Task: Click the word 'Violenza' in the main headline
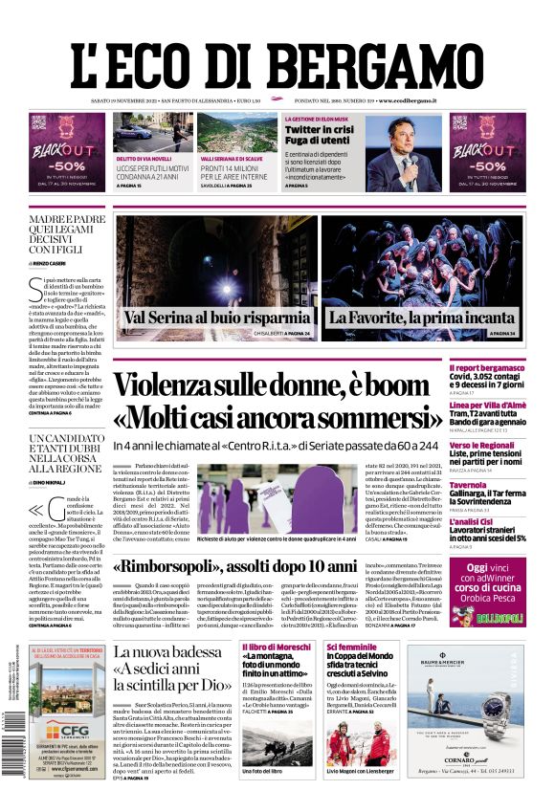click(x=176, y=384)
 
